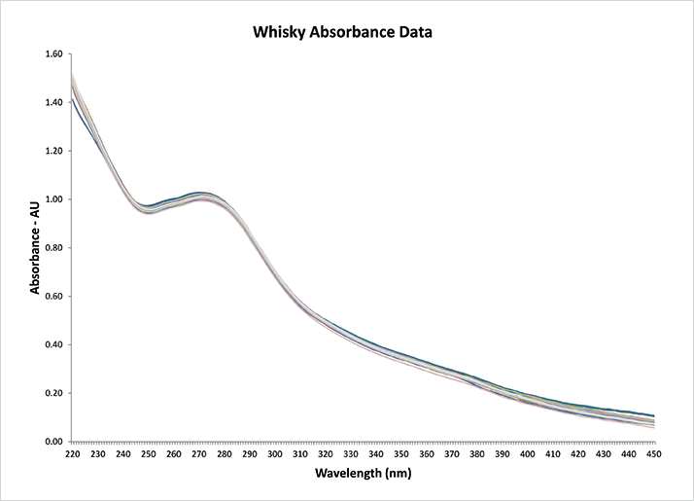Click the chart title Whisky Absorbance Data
[x=342, y=32]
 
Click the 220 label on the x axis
[x=73, y=454]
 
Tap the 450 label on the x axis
[x=653, y=454]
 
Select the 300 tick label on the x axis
[x=275, y=454]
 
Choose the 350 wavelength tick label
[x=401, y=454]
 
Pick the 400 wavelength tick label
[x=528, y=454]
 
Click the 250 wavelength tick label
[x=149, y=454]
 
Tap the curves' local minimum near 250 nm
[x=148, y=209]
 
